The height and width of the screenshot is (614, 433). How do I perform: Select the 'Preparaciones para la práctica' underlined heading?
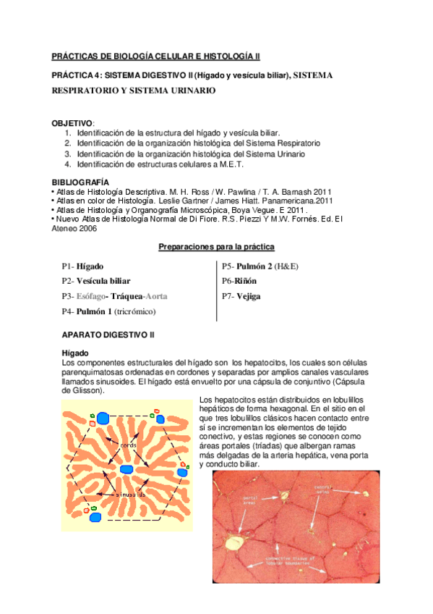216,248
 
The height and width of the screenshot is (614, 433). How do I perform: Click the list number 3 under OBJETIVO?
67,154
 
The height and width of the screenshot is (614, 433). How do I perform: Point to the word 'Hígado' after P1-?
90,266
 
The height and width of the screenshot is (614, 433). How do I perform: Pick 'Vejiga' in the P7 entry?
248,296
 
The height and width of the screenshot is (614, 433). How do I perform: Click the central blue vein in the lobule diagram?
127,469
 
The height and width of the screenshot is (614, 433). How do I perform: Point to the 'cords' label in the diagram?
129,444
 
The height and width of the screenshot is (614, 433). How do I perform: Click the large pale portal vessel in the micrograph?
233,540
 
